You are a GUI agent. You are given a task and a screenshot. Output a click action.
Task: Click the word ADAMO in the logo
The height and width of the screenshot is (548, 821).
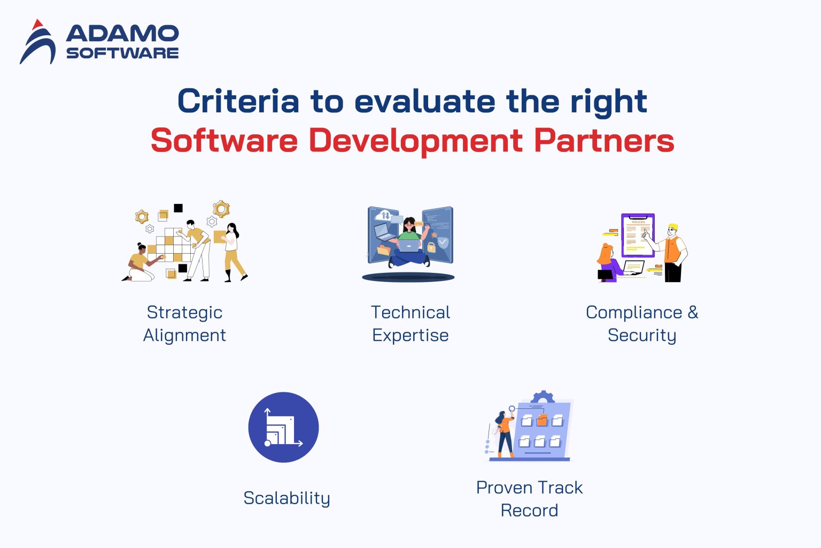(122, 34)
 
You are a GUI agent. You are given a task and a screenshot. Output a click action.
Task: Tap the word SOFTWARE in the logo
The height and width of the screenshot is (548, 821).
(122, 53)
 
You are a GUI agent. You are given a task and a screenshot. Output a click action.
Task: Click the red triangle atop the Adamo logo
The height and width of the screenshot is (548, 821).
(37, 25)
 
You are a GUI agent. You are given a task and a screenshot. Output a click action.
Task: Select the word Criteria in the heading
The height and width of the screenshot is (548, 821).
(238, 101)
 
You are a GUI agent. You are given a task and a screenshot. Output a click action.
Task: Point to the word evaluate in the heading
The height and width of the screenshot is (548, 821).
(424, 101)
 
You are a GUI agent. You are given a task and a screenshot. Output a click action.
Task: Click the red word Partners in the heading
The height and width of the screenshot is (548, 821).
(604, 141)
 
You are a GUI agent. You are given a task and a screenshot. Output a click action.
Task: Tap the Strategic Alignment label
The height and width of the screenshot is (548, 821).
(184, 323)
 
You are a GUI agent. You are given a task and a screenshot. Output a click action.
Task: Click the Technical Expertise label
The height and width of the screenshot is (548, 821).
(410, 323)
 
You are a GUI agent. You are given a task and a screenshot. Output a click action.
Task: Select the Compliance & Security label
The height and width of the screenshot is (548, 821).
(642, 323)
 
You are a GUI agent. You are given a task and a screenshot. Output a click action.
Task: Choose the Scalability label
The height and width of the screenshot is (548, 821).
(286, 498)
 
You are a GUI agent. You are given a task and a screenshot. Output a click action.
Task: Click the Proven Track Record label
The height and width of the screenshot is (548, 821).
(529, 498)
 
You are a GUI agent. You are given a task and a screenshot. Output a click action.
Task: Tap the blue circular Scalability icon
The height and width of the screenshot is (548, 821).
(283, 427)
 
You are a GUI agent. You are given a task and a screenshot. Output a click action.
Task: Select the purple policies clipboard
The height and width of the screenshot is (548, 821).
(638, 235)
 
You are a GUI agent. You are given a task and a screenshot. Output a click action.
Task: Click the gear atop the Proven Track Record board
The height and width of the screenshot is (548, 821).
(543, 397)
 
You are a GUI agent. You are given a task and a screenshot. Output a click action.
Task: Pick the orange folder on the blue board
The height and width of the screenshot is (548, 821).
(541, 421)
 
